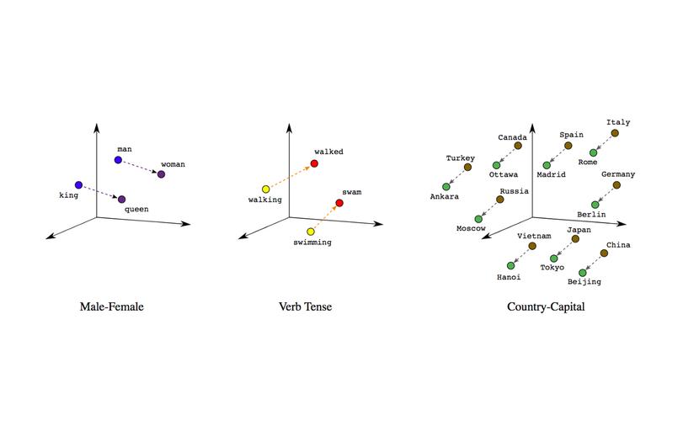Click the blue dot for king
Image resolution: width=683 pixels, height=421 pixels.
[78, 185]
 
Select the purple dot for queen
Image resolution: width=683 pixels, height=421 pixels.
[122, 200]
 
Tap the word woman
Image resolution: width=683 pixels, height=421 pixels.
[173, 164]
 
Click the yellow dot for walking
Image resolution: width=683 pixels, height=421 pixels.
[266, 189]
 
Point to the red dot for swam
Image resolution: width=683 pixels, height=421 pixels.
[339, 203]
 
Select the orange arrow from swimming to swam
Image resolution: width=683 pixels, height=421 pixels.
[325, 217]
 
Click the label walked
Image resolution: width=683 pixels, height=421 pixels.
[329, 152]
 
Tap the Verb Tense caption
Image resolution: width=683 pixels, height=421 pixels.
[306, 306]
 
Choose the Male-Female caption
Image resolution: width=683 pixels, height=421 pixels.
[111, 306]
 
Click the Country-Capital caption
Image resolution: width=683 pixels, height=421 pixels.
[546, 307]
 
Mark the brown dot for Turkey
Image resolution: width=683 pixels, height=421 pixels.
[467, 168]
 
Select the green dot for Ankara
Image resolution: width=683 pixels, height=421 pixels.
[446, 187]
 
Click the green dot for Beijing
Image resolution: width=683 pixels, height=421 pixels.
[583, 273]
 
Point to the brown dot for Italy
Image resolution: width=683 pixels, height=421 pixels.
[615, 133]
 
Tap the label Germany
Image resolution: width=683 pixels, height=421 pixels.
[618, 174]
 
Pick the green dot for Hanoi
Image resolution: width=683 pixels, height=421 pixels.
[511, 265]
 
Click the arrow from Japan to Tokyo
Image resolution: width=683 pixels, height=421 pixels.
[564, 249]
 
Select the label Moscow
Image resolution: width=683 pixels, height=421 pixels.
[471, 228]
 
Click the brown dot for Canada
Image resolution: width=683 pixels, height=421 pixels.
[518, 146]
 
